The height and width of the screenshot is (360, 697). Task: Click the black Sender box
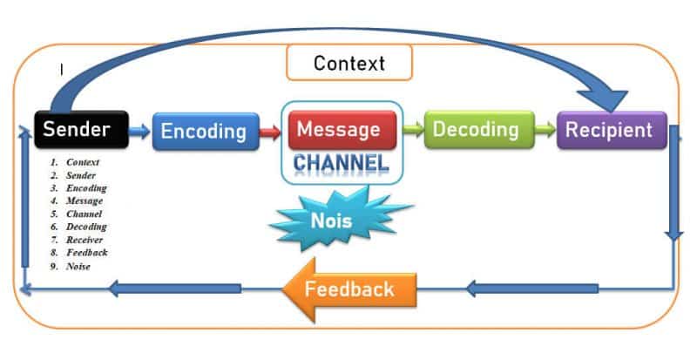pyautogui.click(x=81, y=130)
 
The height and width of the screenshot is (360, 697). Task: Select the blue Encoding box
pyautogui.click(x=206, y=132)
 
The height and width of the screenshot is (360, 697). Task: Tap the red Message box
pyautogui.click(x=342, y=130)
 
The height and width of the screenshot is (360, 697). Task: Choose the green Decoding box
pyautogui.click(x=479, y=130)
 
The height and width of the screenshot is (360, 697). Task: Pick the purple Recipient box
pyautogui.click(x=612, y=130)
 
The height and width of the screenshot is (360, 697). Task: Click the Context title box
pyautogui.click(x=349, y=63)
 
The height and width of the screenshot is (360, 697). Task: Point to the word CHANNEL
pyautogui.click(x=341, y=163)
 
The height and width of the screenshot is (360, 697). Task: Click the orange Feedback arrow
pyautogui.click(x=349, y=289)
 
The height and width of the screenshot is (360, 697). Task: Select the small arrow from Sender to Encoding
pyautogui.click(x=139, y=132)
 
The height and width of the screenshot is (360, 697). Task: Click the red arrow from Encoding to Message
pyautogui.click(x=270, y=132)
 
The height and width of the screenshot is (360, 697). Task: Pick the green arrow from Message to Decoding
pyautogui.click(x=413, y=130)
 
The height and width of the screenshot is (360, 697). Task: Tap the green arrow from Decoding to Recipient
pyautogui.click(x=545, y=130)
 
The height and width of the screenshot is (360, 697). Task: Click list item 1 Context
pyautogui.click(x=75, y=162)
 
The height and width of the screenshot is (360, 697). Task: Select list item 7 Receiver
pyautogui.click(x=76, y=240)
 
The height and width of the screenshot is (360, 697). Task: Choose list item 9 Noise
pyautogui.click(x=71, y=267)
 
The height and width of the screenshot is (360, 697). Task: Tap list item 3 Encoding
pyautogui.click(x=78, y=188)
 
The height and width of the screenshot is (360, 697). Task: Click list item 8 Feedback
pyautogui.click(x=78, y=253)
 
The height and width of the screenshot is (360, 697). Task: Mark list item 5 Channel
pyautogui.click(x=76, y=214)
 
